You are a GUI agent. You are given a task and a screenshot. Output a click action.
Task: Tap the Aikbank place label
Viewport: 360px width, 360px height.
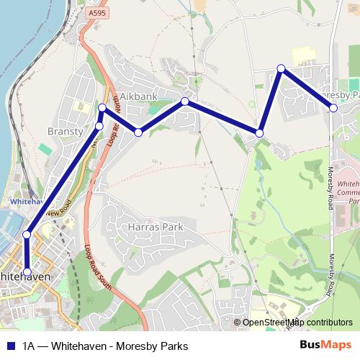pyautogui.click(x=138, y=96)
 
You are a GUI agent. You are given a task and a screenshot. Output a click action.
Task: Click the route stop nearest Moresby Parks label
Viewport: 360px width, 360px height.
pyautogui.click(x=333, y=108)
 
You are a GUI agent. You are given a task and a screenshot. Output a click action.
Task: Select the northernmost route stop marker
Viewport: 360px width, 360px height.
pyautogui.click(x=282, y=68)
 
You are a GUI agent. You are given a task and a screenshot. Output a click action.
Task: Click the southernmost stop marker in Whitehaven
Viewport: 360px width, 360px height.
pyautogui.click(x=27, y=272)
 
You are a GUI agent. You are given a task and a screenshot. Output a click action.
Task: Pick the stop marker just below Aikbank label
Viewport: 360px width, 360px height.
pyautogui.click(x=138, y=132)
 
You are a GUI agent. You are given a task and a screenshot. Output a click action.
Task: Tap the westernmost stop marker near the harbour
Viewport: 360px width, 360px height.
pyautogui.click(x=27, y=234)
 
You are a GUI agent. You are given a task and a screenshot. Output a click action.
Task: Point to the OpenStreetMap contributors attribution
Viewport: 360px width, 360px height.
pyautogui.click(x=297, y=323)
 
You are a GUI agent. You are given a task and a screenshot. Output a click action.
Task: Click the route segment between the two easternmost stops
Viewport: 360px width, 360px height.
pyautogui.click(x=308, y=89)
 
